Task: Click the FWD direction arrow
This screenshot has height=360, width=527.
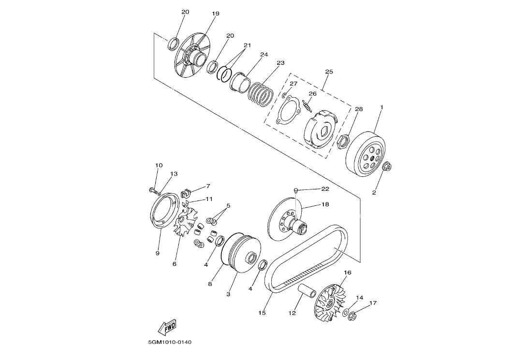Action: (167, 327)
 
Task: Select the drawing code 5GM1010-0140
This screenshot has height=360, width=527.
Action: (170, 342)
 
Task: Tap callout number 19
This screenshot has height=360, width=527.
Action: (216, 14)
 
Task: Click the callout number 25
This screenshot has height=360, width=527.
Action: (329, 72)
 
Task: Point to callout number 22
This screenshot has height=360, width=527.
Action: (325, 189)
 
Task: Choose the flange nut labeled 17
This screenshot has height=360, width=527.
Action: (352, 316)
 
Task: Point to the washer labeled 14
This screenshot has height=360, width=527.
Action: (346, 312)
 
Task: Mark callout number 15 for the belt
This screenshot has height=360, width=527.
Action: (262, 313)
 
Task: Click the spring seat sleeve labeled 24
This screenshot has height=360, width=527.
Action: (240, 82)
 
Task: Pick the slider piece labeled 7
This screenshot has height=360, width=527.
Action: (186, 194)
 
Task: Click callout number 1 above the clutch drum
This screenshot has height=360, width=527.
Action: (382, 107)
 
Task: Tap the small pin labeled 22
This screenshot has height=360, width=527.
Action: (296, 191)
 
